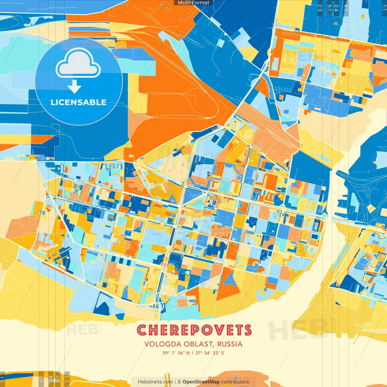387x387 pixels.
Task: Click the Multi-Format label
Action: point(193,3)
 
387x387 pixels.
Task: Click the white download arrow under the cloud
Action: point(74,86)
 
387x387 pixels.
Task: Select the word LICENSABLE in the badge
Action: point(79,102)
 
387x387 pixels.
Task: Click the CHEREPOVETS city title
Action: point(194,330)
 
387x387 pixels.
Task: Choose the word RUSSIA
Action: point(230,344)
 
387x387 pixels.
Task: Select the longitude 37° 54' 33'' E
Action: point(210,353)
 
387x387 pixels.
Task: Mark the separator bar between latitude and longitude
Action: point(192,353)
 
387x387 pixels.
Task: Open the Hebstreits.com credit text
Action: point(155,382)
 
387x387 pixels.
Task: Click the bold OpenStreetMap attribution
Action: point(201,382)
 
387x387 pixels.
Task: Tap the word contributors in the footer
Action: point(235,382)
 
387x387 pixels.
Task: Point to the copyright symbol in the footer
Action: point(179,382)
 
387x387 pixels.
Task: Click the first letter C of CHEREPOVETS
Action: point(142,330)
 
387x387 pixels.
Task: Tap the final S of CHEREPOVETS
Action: point(248,330)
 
